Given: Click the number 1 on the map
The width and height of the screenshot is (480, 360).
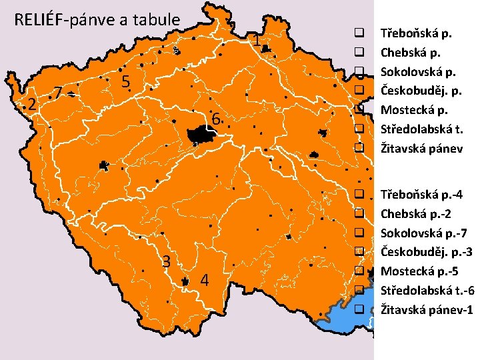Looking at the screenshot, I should (256, 41).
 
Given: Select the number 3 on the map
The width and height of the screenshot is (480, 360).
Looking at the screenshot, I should (168, 261).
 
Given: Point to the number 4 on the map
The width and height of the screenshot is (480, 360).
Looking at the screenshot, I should (205, 280).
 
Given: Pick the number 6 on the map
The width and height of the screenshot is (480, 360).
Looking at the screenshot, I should (215, 120).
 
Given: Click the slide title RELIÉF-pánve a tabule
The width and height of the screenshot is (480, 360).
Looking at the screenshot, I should (97, 19).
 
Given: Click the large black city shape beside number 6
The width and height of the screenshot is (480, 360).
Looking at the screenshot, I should (200, 135).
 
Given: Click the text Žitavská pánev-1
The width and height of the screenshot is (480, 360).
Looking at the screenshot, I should (426, 310).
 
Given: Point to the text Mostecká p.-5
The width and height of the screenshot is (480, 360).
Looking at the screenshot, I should (416, 271).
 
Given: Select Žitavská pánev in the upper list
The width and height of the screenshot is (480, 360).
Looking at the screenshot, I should (421, 148).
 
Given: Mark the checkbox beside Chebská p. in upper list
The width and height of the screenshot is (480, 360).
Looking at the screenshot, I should (359, 51).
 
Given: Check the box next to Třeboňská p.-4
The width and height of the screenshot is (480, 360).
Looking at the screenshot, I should (359, 195).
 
